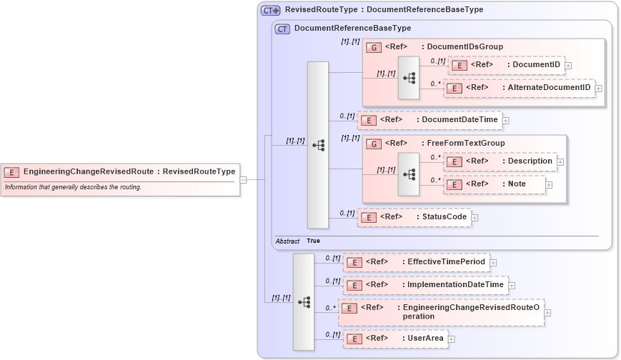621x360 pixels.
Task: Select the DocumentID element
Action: pyautogui.click(x=506, y=65)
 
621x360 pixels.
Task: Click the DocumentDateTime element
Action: pyautogui.click(x=429, y=120)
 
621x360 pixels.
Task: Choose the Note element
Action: pyautogui.click(x=495, y=184)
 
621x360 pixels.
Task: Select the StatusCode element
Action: pyautogui.click(x=414, y=217)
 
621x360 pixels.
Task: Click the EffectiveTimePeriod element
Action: pyautogui.click(x=415, y=262)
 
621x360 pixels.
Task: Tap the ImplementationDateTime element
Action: pyautogui.click(x=424, y=285)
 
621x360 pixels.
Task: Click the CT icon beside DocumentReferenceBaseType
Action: pyautogui.click(x=283, y=29)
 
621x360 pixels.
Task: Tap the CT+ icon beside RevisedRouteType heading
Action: pyautogui.click(x=271, y=10)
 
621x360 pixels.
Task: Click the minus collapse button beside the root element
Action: pyautogui.click(x=243, y=179)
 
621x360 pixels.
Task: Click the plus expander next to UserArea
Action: pyautogui.click(x=452, y=339)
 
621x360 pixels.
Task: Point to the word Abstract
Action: pyautogui.click(x=287, y=241)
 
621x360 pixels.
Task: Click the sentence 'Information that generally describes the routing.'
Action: pyautogui.click(x=73, y=187)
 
